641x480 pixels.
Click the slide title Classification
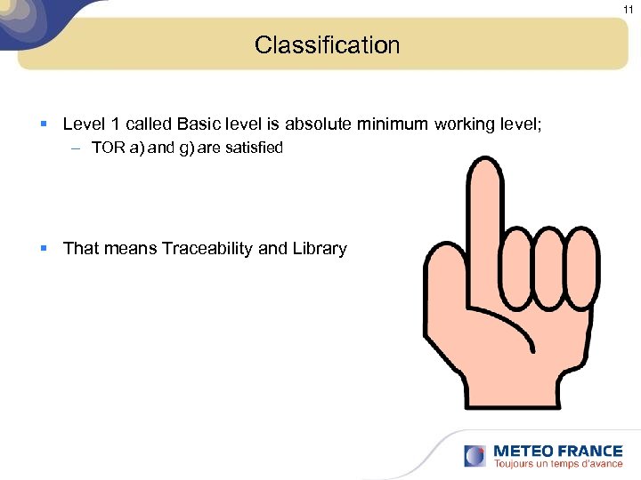pos(327,45)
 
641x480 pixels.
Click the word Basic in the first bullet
pos(200,124)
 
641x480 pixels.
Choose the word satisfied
pos(253,148)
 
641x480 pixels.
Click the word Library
pos(319,249)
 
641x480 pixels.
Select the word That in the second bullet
pos(81,249)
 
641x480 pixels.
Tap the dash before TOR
pos(77,148)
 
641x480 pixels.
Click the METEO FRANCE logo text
pos(557,451)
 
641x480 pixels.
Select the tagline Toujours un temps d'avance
pos(557,464)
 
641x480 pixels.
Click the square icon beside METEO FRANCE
pos(475,456)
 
